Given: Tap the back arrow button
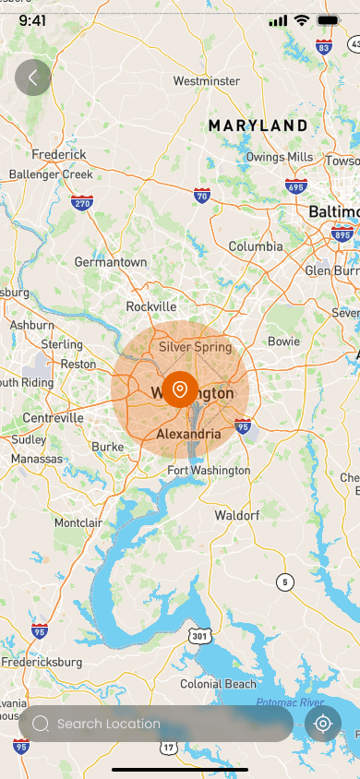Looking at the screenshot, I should pos(33,78).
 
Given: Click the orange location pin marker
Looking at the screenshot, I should pos(180,389).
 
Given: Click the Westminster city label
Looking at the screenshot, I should pos(206,81).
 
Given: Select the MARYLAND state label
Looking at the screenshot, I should pos(258,126).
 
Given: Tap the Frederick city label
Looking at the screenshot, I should pos(58,155).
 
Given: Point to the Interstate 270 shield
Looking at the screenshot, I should pos(82,203).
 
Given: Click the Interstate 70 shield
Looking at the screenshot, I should pos(202,195).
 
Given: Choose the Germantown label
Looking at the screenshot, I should pos(111,262).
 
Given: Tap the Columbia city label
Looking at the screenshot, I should pos(256,246).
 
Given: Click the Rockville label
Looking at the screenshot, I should pos(150,306).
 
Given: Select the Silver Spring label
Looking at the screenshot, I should pos(195,347).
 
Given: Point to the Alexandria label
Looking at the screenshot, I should pos(188,434).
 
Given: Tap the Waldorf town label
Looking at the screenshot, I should pos(237,515).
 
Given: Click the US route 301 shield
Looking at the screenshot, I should pos(201,636).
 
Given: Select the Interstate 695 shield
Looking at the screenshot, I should pos(295,187).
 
